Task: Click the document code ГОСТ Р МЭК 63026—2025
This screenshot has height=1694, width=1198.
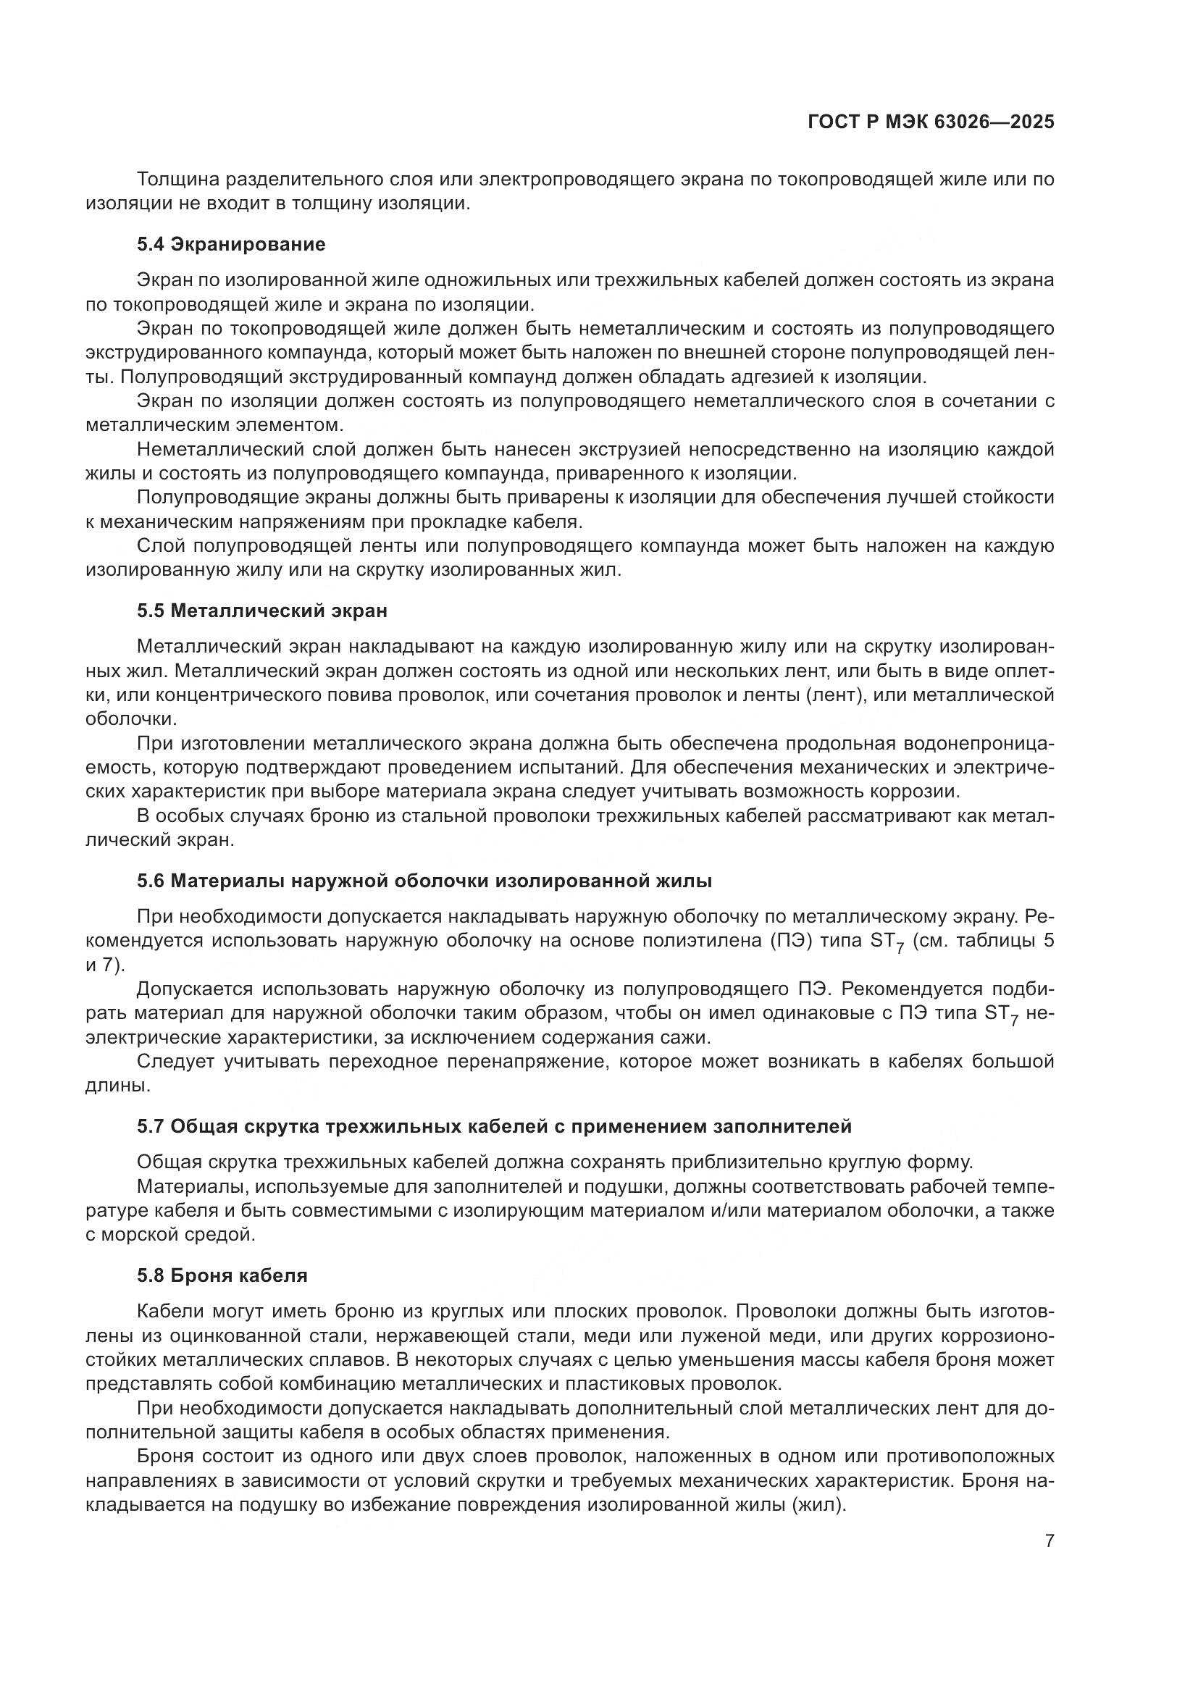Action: click(931, 122)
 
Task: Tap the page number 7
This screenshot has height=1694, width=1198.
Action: click(1050, 1541)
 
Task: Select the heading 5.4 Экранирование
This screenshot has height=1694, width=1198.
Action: click(231, 244)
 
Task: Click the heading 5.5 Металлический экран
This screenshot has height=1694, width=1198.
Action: click(262, 611)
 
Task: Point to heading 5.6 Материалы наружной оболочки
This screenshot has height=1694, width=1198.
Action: click(424, 881)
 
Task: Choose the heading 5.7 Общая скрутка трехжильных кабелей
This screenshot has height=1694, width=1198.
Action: click(493, 1127)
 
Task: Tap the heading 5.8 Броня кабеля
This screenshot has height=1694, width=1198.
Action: click(222, 1275)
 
